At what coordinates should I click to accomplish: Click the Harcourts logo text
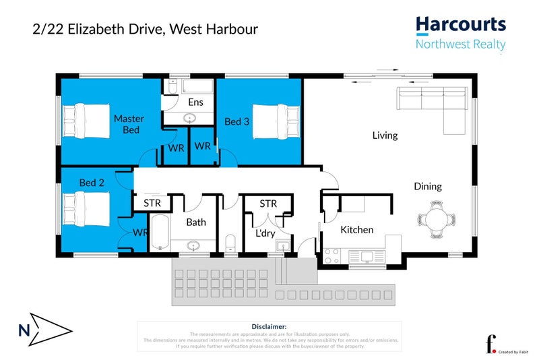pyautogui.click(x=460, y=26)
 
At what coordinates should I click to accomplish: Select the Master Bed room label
pyautogui.click(x=129, y=124)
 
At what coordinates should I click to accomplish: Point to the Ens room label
pyautogui.click(x=195, y=102)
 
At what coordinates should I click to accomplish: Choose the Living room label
pyautogui.click(x=385, y=136)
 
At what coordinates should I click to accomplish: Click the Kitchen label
pyautogui.click(x=356, y=230)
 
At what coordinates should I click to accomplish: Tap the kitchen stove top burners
pyautogui.click(x=331, y=256)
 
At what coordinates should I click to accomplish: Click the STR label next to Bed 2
pyautogui.click(x=152, y=202)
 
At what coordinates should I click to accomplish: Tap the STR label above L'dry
pyautogui.click(x=268, y=204)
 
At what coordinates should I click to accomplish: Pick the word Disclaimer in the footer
pyautogui.click(x=269, y=326)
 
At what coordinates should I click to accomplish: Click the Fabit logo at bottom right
pyautogui.click(x=493, y=343)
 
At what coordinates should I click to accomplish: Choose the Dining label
pyautogui.click(x=428, y=187)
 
